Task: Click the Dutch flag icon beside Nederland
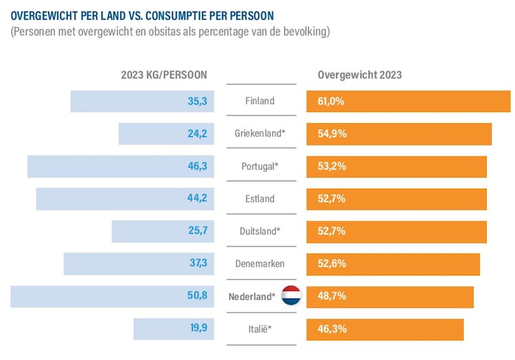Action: (x=291, y=297)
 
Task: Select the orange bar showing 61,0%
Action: (x=408, y=101)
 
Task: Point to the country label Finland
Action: (x=260, y=101)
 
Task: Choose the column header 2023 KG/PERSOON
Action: (x=164, y=75)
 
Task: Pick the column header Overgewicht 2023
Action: (x=360, y=75)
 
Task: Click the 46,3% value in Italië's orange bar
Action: (x=331, y=330)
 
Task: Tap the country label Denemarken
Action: (x=260, y=264)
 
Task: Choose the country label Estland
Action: (x=260, y=199)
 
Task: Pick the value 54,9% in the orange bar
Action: (x=331, y=134)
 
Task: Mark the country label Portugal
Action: (x=260, y=167)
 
